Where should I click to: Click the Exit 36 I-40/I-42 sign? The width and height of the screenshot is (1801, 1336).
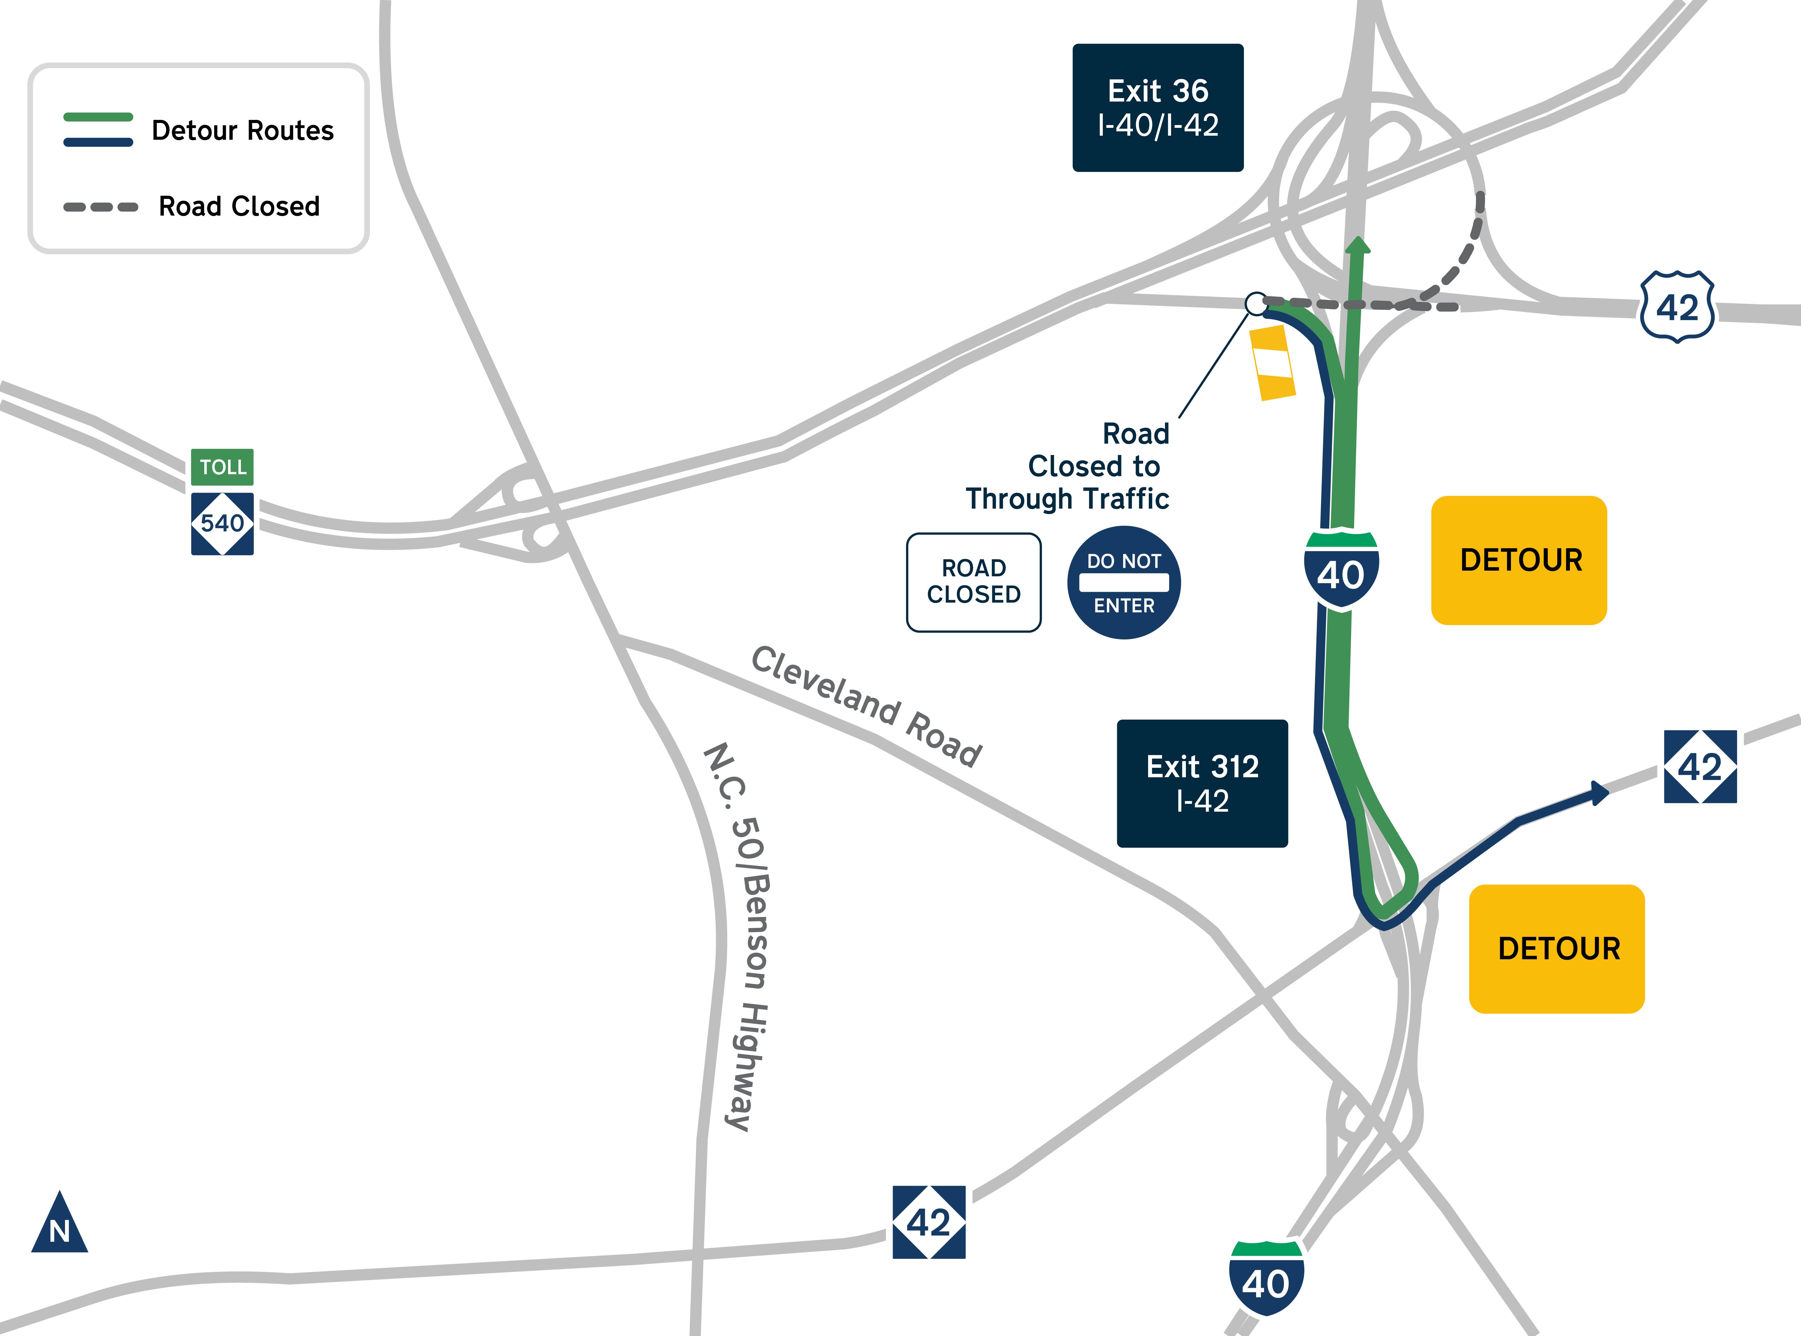click(1157, 108)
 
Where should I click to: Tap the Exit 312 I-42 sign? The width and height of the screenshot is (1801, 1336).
click(1202, 783)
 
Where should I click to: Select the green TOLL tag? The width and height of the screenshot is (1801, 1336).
click(222, 467)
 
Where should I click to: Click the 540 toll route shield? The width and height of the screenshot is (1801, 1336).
click(222, 523)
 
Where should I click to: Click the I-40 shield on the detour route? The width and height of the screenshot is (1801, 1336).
click(1341, 570)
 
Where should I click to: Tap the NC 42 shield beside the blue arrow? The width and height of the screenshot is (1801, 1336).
click(1700, 767)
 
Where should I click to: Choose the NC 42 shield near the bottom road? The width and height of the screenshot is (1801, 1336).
click(928, 1222)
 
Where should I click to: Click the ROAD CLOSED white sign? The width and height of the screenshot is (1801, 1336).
click(974, 581)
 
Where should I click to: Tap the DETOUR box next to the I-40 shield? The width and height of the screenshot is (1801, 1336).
click(1519, 560)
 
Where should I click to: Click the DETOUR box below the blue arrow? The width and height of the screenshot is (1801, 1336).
click(1557, 949)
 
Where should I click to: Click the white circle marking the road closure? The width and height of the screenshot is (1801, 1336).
click(1256, 304)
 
